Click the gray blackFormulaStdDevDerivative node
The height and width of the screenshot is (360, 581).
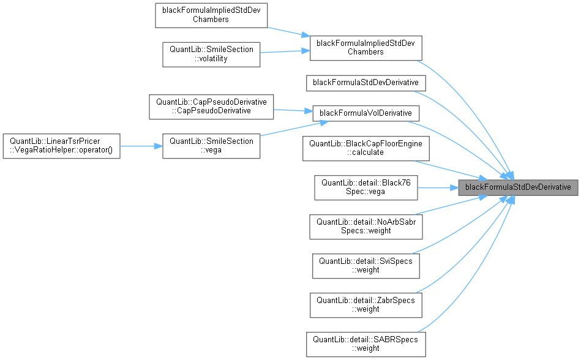[518, 186]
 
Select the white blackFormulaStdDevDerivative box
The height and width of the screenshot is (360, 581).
[365, 81]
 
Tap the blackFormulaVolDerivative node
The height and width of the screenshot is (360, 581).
[365, 113]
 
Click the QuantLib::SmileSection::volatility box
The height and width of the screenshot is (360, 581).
[211, 54]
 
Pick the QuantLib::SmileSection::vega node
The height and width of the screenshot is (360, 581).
[211, 146]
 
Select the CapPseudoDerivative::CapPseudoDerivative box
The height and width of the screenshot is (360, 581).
[211, 106]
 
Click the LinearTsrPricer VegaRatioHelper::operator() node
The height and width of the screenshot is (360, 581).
[61, 146]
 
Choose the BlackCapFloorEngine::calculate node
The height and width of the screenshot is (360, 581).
[365, 148]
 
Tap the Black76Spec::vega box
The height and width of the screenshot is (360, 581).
[365, 187]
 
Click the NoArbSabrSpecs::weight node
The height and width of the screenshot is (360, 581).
[365, 226]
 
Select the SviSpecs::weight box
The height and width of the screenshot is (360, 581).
[365, 265]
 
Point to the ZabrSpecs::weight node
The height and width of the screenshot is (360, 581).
[365, 304]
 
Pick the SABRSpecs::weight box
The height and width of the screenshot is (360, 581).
[365, 343]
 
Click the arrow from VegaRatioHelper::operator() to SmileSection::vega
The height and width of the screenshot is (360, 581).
[141, 146]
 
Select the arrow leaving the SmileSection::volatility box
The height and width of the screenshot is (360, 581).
[285, 51]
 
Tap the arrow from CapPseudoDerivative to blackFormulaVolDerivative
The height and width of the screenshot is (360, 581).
[291, 111]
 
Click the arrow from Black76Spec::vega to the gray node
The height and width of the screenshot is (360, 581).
[438, 187]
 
